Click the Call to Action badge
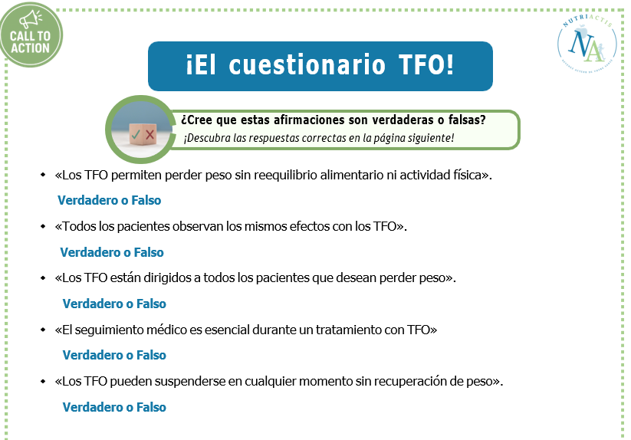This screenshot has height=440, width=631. click(31, 34)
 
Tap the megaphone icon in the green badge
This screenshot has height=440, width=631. click(31, 19)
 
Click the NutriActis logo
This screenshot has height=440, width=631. click(587, 44)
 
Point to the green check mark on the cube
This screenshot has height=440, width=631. click(136, 134)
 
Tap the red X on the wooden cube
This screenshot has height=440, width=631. click(150, 135)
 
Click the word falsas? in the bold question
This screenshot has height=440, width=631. click(467, 120)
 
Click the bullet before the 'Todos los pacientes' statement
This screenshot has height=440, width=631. click(43, 226)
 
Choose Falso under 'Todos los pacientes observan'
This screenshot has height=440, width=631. click(149, 252)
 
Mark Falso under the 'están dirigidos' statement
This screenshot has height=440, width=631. click(151, 304)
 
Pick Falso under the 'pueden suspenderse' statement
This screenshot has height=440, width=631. click(151, 408)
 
